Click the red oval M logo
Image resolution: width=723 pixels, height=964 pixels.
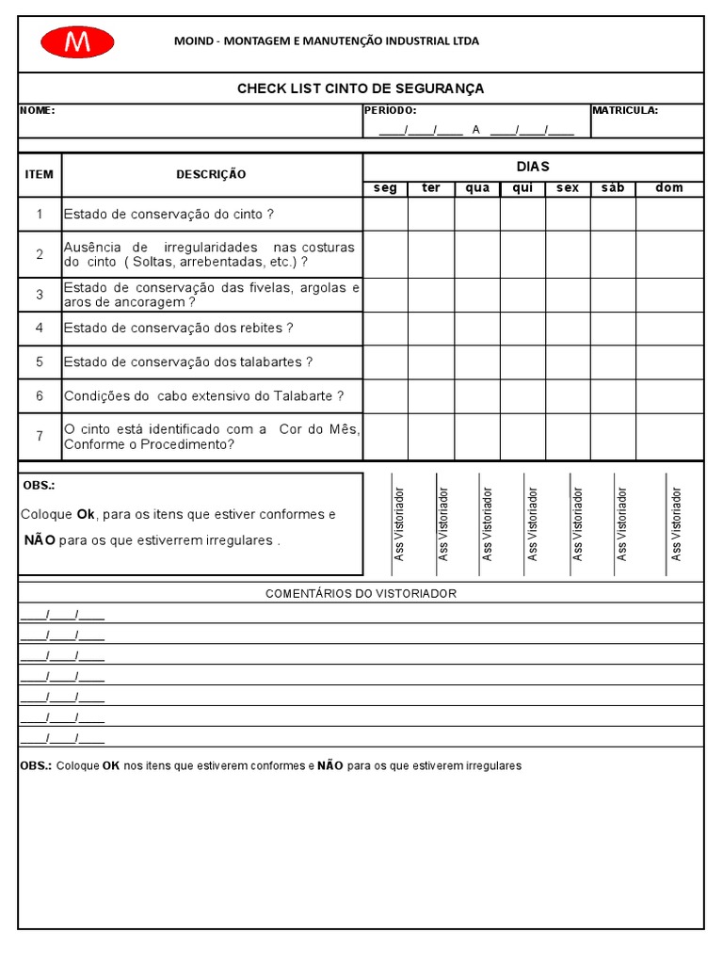tap(77, 42)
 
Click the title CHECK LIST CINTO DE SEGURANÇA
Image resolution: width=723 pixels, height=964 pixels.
tap(361, 88)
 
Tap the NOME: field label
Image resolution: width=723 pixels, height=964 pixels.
tap(38, 110)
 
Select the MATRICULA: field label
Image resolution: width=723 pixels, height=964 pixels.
tap(625, 110)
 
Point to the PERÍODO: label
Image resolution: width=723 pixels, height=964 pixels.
tap(390, 110)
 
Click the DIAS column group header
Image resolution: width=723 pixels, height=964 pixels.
tap(533, 167)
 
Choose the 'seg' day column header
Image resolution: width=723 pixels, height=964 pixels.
tap(385, 188)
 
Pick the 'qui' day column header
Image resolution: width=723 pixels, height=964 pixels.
tap(522, 188)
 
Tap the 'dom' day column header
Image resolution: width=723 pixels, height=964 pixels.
tap(669, 188)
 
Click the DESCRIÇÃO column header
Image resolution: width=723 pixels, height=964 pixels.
tap(211, 174)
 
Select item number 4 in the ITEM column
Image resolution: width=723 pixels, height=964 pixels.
tap(40, 329)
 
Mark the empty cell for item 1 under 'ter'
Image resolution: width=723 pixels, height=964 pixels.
tap(431, 214)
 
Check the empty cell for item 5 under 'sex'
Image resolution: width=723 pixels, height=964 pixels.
tap(568, 362)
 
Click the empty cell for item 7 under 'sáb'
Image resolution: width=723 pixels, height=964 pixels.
tap(613, 437)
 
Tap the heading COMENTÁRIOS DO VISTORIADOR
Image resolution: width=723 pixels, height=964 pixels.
tap(361, 593)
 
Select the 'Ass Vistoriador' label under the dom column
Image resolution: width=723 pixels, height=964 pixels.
tap(676, 524)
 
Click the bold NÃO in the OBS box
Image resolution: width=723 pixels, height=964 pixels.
tap(40, 540)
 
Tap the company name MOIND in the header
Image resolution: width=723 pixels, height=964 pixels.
tap(195, 40)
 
